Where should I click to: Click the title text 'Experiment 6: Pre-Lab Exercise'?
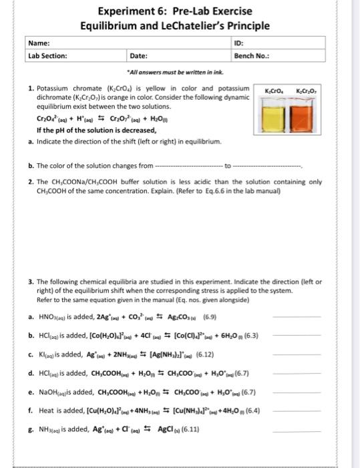tap(175, 11)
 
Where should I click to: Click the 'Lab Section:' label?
tap(47, 56)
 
